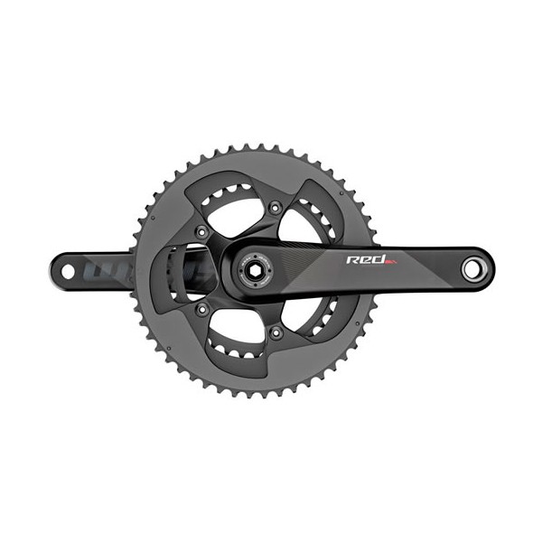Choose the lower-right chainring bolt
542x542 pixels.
point(275,332)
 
